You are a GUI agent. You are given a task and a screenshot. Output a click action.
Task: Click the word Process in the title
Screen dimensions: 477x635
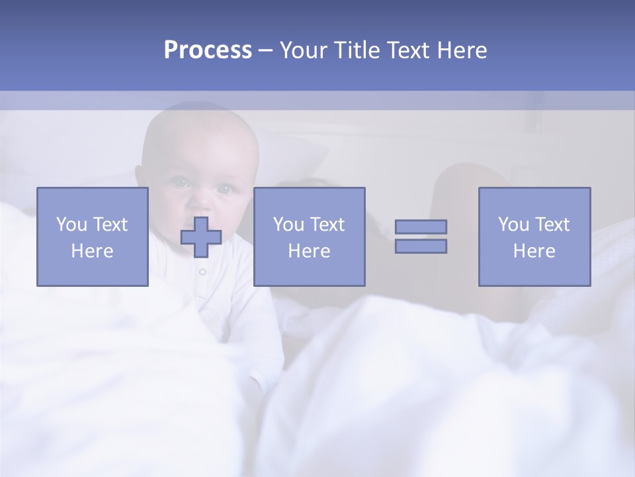[208, 50]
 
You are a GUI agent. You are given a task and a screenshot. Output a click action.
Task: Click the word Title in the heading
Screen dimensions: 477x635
[355, 50]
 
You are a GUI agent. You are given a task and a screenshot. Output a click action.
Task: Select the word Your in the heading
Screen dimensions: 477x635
[303, 50]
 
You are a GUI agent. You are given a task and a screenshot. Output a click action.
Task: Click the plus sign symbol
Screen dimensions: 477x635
[201, 237]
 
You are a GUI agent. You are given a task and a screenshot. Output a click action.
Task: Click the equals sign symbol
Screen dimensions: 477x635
[421, 237]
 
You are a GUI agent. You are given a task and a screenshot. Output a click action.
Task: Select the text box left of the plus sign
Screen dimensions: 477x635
[93, 237]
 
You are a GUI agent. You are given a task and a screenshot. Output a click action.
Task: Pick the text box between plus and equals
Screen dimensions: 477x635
[309, 237]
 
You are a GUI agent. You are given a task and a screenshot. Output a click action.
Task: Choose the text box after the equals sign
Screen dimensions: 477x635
[534, 237]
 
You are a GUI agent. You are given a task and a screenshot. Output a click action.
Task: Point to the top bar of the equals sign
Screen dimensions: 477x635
[421, 227]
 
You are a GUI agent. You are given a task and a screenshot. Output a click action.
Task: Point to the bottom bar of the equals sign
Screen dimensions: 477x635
[421, 246]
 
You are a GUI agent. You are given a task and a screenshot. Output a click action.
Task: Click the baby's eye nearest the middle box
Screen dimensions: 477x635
[225, 189]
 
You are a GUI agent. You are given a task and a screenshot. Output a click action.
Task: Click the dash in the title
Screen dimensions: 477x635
[266, 50]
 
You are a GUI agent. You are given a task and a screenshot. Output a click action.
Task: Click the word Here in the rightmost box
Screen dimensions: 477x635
[534, 251]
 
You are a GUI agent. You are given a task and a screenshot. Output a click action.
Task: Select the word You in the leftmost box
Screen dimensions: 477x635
[71, 225]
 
